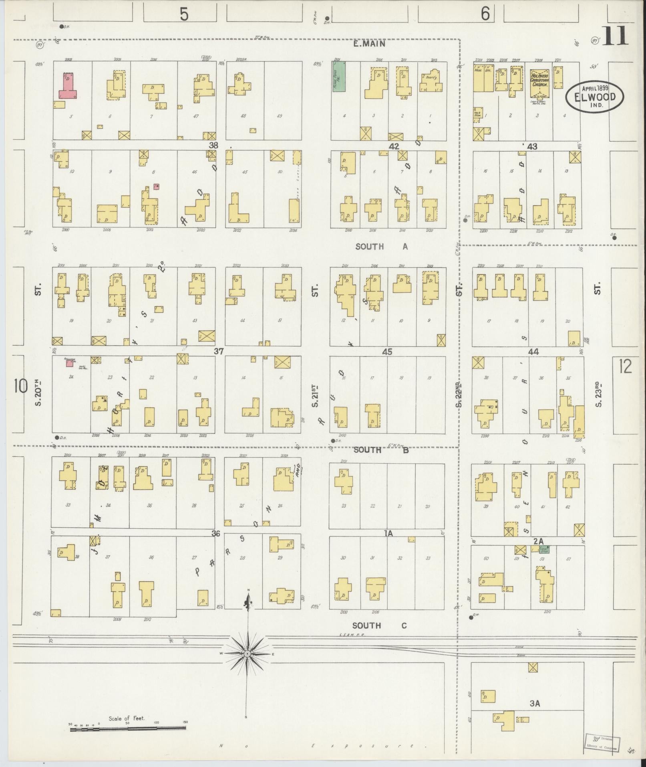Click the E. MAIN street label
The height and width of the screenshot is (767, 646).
coord(369,44)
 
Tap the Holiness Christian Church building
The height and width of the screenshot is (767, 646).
coord(539,83)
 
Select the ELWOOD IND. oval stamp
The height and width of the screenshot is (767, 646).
coord(595,96)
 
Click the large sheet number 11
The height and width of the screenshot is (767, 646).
coord(614,37)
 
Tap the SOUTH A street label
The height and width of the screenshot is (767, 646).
coord(381,247)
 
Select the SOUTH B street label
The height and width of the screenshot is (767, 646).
coord(381,450)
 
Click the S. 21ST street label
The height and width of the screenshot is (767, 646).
coord(315,396)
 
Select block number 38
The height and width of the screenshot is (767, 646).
coord(213,145)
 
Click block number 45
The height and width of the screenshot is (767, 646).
coord(387,352)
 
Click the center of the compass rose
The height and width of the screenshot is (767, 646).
coord(247,654)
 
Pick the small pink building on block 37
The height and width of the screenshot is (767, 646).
coord(69,363)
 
